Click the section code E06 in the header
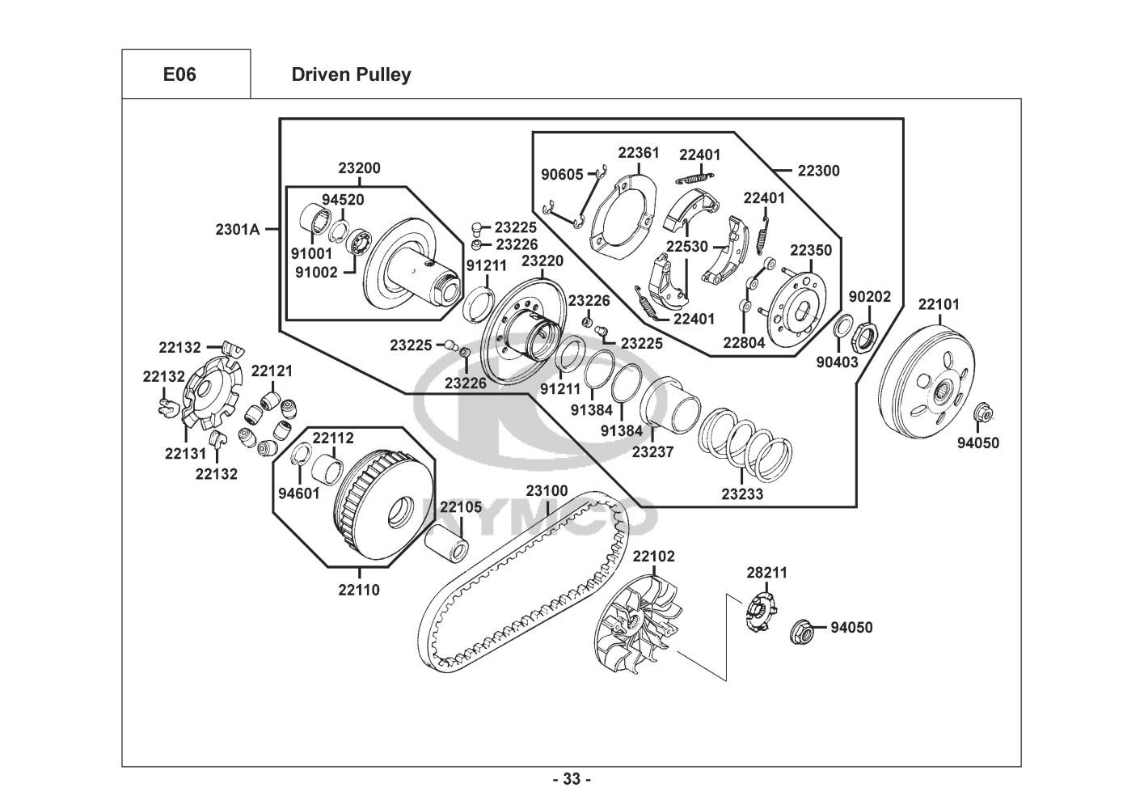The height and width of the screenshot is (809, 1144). click(x=179, y=74)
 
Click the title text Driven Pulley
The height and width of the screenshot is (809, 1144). click(x=351, y=74)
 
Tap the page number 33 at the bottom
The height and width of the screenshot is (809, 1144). click(x=572, y=780)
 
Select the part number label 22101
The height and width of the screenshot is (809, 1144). click(x=939, y=304)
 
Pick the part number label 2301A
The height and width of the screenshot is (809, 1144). click(x=237, y=229)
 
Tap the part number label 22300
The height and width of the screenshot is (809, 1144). click(x=818, y=171)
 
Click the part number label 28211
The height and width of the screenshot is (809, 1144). click(x=766, y=573)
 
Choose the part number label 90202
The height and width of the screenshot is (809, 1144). click(x=869, y=297)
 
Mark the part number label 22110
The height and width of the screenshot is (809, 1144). click(x=359, y=590)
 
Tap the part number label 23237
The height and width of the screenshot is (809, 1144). click(x=652, y=452)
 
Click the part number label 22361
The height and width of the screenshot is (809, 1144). click(x=639, y=152)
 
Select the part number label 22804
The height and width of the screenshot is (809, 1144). click(x=743, y=342)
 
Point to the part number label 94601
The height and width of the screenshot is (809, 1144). click(x=299, y=493)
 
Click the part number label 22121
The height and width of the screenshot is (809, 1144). click(x=272, y=371)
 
